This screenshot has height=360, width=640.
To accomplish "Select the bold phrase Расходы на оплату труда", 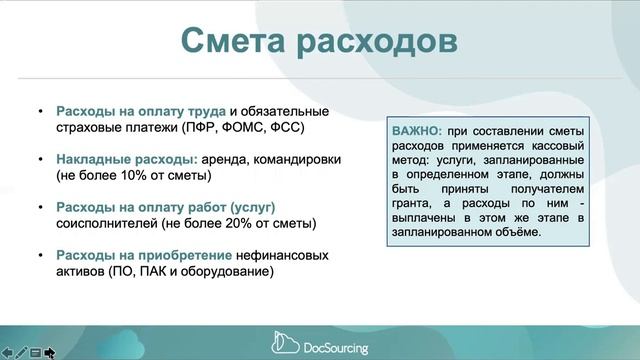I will [x=141, y=110].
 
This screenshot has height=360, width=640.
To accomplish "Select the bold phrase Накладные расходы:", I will [x=126, y=158].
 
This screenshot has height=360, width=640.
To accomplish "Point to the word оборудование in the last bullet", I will [x=226, y=271].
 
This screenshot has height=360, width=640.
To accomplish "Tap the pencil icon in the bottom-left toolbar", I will [x=21, y=352].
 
